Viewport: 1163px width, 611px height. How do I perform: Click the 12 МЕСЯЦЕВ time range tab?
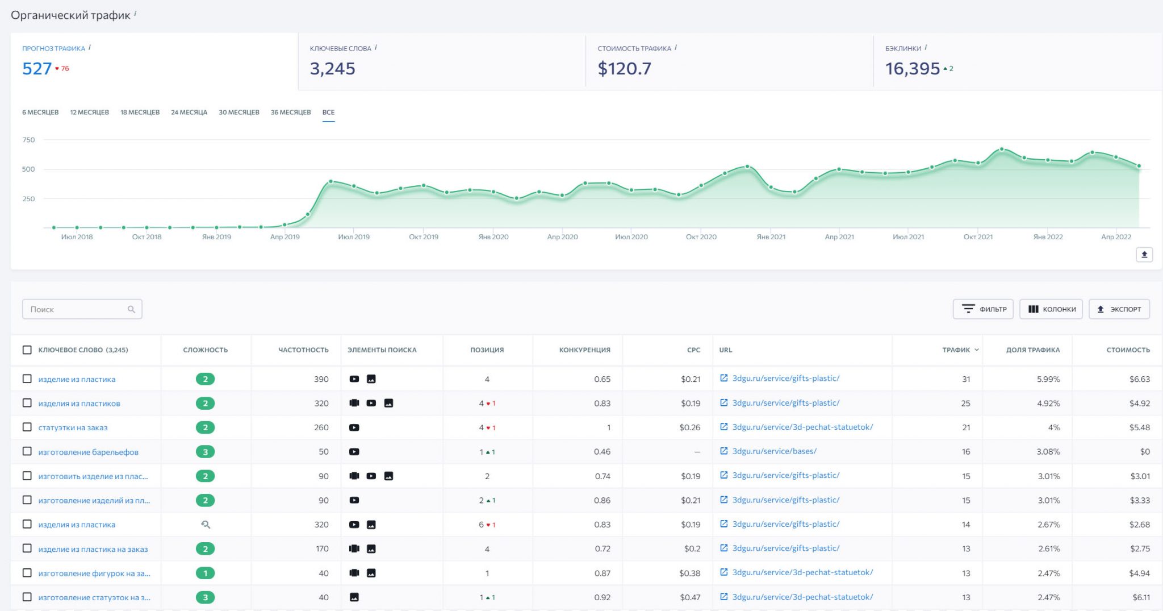tap(89, 112)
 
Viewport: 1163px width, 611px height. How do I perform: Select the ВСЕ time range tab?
tap(328, 112)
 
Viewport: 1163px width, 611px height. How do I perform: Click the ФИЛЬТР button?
tap(983, 309)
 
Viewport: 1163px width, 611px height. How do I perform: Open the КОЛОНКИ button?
tap(1051, 309)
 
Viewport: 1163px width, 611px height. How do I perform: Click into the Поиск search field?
tap(77, 309)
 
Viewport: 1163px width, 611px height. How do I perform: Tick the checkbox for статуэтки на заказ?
tap(27, 427)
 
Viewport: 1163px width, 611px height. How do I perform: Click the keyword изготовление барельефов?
tap(88, 452)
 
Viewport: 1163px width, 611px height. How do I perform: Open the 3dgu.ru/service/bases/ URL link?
tap(774, 451)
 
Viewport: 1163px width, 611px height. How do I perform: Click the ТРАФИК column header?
tap(956, 350)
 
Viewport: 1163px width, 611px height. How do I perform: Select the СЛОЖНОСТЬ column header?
tap(205, 350)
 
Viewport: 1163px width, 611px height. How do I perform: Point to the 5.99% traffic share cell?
tap(1048, 379)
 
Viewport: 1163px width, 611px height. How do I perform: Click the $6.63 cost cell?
tap(1139, 379)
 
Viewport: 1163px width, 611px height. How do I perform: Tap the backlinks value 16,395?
tap(912, 69)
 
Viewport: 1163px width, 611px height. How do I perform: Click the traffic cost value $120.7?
tap(624, 69)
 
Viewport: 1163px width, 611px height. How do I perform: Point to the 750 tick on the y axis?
tap(28, 140)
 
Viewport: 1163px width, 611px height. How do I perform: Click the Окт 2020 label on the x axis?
tap(701, 237)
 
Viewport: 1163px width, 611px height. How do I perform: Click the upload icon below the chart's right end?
tap(1144, 255)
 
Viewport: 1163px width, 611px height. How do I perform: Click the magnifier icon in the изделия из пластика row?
tap(206, 525)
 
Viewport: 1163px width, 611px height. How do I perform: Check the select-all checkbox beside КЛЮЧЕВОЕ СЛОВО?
tap(27, 350)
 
